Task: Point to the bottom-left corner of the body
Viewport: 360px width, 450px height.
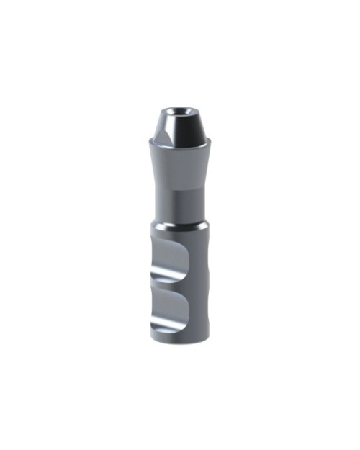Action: point(153,336)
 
